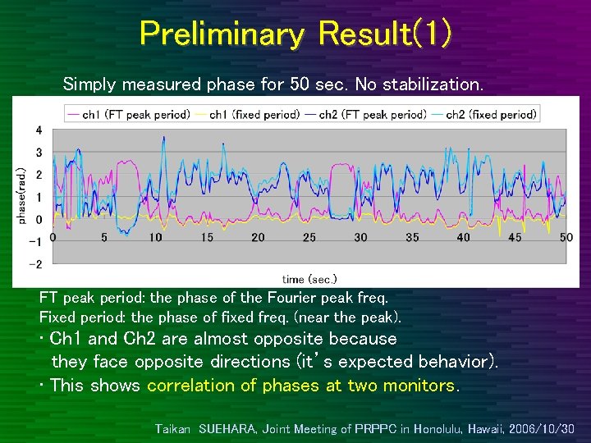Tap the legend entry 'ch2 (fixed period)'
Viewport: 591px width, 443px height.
(491, 115)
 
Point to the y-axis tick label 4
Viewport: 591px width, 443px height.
(39, 130)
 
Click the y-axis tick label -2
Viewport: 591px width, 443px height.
(37, 263)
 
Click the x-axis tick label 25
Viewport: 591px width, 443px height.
(309, 237)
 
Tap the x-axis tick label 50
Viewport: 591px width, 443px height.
(566, 237)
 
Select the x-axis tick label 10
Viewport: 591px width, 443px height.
(155, 237)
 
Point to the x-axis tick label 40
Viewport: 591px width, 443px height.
(464, 237)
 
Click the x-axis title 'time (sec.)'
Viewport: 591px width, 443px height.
(309, 279)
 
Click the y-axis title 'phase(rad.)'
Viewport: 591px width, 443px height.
(21, 196)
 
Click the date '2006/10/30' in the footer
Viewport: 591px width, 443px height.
(543, 428)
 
